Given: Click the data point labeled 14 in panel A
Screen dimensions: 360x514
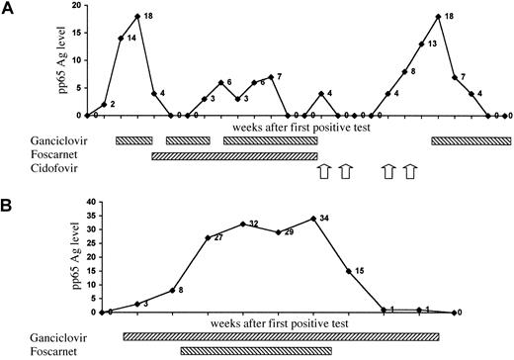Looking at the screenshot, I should (121, 39).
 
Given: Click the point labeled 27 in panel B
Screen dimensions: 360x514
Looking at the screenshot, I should (208, 237).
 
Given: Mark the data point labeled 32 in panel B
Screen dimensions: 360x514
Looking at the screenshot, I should (243, 224).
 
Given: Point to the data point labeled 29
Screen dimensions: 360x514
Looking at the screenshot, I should (279, 231).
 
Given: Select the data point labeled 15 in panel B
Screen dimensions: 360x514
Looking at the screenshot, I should (348, 270).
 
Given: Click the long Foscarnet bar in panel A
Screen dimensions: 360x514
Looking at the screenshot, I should (234, 155).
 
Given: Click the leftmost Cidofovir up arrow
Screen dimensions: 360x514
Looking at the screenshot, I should (321, 172).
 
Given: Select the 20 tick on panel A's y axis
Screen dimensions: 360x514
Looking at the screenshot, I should (73, 7).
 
